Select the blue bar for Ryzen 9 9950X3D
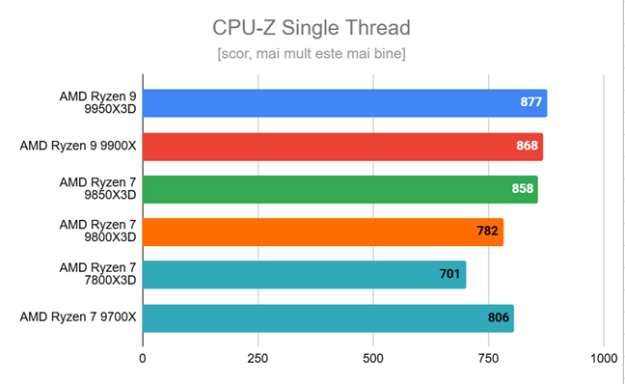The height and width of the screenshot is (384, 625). pyautogui.click(x=344, y=103)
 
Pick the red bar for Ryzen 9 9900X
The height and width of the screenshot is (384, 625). pyautogui.click(x=342, y=147)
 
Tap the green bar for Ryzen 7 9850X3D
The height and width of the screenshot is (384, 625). pyautogui.click(x=340, y=189)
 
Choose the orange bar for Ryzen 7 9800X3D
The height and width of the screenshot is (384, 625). pyautogui.click(x=323, y=232)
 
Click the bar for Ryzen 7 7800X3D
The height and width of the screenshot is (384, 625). pyautogui.click(x=304, y=275)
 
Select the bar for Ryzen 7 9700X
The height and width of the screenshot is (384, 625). pyautogui.click(x=328, y=317)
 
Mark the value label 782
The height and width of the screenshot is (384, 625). pyautogui.click(x=488, y=232)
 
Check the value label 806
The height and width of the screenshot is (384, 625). pyautogui.click(x=499, y=317)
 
